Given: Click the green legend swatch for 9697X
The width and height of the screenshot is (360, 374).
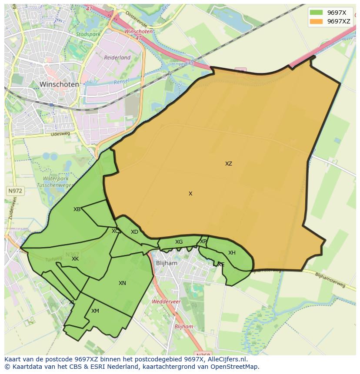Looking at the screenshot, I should (x=316, y=13).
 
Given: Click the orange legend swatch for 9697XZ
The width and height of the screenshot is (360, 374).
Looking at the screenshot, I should (x=316, y=21).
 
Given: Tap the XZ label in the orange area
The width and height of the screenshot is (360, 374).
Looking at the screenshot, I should (x=229, y=164).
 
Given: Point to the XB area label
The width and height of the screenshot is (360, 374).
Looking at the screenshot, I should (x=77, y=209).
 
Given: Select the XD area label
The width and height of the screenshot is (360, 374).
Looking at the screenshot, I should (x=134, y=232).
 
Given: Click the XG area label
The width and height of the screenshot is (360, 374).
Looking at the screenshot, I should (x=179, y=242).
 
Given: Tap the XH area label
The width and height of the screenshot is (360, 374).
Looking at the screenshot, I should (x=232, y=253).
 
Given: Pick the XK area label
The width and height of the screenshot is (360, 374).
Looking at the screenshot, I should (x=75, y=259).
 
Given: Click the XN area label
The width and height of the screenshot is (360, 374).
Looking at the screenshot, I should (x=122, y=283).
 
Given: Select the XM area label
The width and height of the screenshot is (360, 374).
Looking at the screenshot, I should (x=95, y=311).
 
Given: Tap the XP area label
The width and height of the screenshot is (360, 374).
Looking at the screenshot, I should (x=203, y=242).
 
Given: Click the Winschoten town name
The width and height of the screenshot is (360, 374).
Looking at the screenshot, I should (x=59, y=84).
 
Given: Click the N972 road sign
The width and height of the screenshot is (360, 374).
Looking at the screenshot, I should (x=15, y=191).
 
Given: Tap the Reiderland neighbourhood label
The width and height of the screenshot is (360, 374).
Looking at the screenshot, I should (x=117, y=57).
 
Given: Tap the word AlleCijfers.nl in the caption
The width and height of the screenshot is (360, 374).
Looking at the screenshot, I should (x=226, y=360).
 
